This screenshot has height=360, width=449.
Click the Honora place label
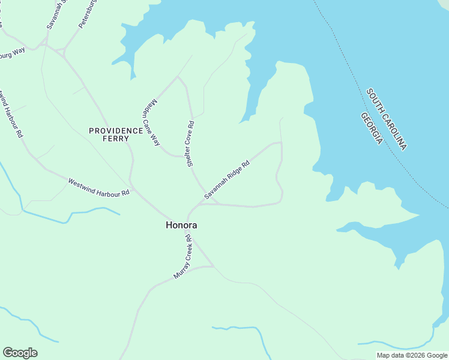click(181, 226)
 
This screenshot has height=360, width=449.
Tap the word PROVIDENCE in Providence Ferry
click(116, 131)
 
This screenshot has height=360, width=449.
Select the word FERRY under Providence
click(116, 139)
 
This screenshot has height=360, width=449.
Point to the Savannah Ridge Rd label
click(226, 179)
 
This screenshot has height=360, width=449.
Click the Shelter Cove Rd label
click(190, 144)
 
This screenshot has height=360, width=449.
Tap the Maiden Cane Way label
click(153, 122)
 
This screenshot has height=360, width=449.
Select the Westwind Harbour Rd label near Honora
click(98, 187)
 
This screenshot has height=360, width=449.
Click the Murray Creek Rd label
click(182, 256)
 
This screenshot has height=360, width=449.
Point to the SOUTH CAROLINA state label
click(387, 119)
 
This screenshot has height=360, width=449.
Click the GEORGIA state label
click(372, 128)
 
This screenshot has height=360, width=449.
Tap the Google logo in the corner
click(20, 353)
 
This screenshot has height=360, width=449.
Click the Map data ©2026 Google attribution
click(412, 355)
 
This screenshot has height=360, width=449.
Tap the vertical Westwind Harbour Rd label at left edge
click(11, 114)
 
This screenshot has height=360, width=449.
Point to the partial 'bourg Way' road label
click(12, 53)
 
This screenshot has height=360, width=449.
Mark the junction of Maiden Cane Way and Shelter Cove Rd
click(178, 77)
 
